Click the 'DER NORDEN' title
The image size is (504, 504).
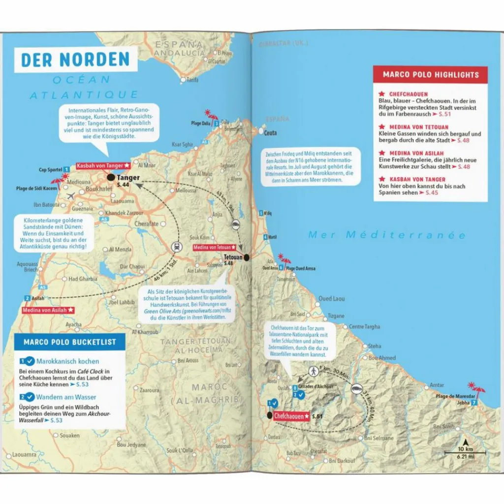pos(75,59)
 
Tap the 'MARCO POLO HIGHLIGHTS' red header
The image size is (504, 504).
pos(431,75)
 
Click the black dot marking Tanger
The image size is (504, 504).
pos(111,178)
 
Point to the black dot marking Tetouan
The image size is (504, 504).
pos(246,257)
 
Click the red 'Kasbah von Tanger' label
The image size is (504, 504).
pos(102,166)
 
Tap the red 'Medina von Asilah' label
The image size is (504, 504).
pos(48,310)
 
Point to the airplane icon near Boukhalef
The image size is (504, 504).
pos(69,195)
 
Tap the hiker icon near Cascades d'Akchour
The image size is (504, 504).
pos(313,371)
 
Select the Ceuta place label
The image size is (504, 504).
pos(270,133)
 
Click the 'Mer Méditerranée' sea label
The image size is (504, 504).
pos(386,235)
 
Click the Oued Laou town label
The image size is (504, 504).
pos(331,299)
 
